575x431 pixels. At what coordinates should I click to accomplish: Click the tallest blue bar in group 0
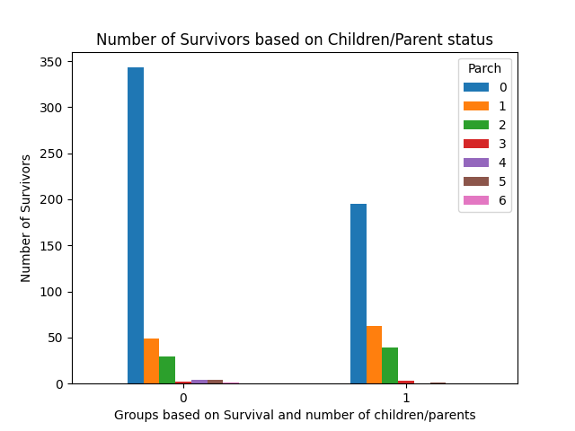tap(135, 225)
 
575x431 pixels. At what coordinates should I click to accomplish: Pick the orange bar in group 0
tap(151, 361)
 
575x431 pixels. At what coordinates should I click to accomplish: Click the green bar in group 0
tap(167, 370)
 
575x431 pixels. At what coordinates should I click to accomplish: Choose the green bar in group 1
tap(390, 365)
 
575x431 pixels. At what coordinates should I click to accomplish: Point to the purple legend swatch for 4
tap(476, 163)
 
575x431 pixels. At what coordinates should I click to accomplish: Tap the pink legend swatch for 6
tap(476, 200)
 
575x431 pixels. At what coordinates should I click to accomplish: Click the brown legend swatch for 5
tap(476, 181)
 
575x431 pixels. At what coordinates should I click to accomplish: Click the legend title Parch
tap(484, 69)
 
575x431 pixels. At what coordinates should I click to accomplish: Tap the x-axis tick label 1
tap(406, 398)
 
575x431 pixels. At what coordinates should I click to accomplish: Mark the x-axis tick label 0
tap(183, 398)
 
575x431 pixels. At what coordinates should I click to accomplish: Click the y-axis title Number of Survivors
tap(27, 218)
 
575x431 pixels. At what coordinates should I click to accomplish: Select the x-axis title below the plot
tap(295, 415)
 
